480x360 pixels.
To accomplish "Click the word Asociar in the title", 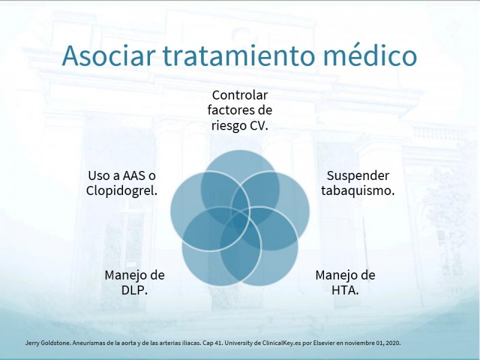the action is pyautogui.click(x=107, y=55).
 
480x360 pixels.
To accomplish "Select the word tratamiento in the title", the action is pyautogui.click(x=238, y=55).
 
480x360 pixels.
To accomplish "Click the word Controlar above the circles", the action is pyautogui.click(x=239, y=95).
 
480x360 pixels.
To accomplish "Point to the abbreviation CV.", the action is pyautogui.click(x=259, y=125).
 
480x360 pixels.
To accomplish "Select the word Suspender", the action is pyautogui.click(x=358, y=176).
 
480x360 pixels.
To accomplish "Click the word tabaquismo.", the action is pyautogui.click(x=358, y=191).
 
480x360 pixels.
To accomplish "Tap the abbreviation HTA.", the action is pyautogui.click(x=346, y=290).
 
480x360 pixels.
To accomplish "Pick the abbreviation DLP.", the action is pyautogui.click(x=134, y=290).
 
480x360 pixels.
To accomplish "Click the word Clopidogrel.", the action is pyautogui.click(x=122, y=191).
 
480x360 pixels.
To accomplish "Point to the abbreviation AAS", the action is pyautogui.click(x=134, y=176).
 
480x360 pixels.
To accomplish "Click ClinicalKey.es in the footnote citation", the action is pyautogui.click(x=281, y=343).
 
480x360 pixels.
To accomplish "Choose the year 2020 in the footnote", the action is pyautogui.click(x=394, y=343).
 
